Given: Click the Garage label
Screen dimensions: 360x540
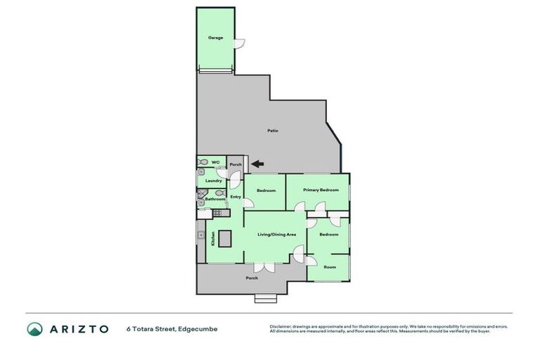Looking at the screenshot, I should (215, 37).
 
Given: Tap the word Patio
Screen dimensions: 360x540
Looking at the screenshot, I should (271, 131).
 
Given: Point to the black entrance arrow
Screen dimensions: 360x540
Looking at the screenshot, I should (257, 165).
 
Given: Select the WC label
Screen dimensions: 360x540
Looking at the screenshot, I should (215, 162).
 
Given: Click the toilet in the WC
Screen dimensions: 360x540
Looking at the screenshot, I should (202, 162).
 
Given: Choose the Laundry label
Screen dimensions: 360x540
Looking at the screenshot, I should (214, 181).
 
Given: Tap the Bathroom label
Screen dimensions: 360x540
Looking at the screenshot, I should (214, 199).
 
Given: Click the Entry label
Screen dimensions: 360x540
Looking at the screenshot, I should (236, 197).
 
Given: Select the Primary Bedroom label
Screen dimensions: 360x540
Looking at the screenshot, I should (321, 190).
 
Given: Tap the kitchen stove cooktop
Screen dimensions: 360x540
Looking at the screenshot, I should (218, 212).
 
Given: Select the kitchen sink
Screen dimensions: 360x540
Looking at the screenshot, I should (202, 233).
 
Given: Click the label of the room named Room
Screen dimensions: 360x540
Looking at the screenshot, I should (329, 266).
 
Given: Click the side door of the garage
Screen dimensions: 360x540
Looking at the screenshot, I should (240, 41).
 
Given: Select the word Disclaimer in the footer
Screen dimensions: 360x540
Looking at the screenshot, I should (281, 326).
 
